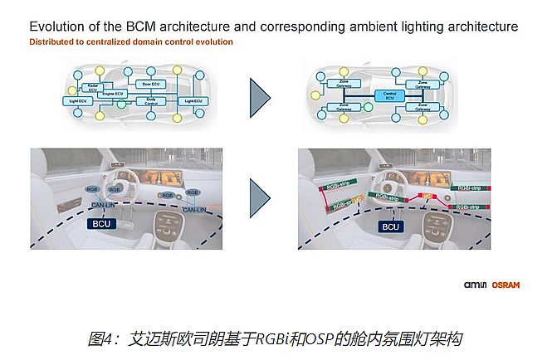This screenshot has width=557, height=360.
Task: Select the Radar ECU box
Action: [x=94, y=86]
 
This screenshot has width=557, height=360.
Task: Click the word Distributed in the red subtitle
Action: [x=52, y=41]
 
